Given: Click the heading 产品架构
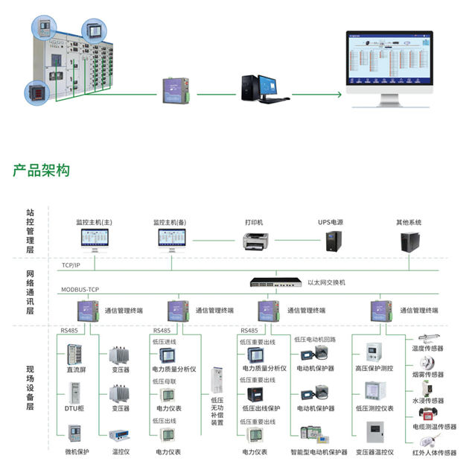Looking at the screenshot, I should (x=41, y=170).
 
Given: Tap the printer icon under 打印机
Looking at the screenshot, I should (x=255, y=239).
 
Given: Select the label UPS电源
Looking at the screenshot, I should (x=331, y=222).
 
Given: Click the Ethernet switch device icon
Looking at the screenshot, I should (x=277, y=282).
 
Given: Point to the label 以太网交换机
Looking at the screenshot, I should (x=327, y=282).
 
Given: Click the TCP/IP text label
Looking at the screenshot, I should (x=71, y=264).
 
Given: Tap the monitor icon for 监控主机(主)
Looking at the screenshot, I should (x=94, y=238).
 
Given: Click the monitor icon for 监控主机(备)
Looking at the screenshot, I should (x=171, y=238).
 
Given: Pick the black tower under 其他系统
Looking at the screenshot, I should (x=409, y=241).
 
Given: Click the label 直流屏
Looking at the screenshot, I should (x=76, y=369).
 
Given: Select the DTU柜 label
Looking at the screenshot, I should (x=76, y=408).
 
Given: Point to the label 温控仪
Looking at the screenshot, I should (x=121, y=451).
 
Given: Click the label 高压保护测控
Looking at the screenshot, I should (x=374, y=368).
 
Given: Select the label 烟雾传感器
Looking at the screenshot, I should (x=428, y=375).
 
